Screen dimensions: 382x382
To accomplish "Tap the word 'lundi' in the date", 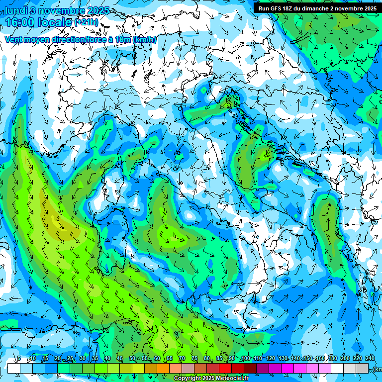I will pyautogui.click(x=16, y=10).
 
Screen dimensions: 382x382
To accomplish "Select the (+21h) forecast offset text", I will pyautogui.click(x=86, y=22).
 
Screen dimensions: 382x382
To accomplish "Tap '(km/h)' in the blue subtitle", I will pyautogui.click(x=145, y=40).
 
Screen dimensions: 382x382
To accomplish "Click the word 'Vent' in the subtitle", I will pyautogui.click(x=14, y=40).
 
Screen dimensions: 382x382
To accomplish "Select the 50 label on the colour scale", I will pyautogui.click(x=132, y=359).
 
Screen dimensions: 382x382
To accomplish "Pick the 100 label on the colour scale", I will pyautogui.click(x=245, y=359).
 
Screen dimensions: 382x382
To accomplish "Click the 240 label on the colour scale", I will pyautogui.click(x=370, y=359).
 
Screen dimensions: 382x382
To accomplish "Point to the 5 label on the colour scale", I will pyautogui.click(x=19, y=359).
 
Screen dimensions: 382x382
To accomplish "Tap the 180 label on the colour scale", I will pyautogui.click(x=332, y=359).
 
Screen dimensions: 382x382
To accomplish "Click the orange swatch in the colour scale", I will pyautogui.click(x=163, y=368).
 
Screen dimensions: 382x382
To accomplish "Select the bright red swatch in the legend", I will pyautogui.click(x=225, y=368).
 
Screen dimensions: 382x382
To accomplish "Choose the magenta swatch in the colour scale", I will pyautogui.click(x=287, y=368).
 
